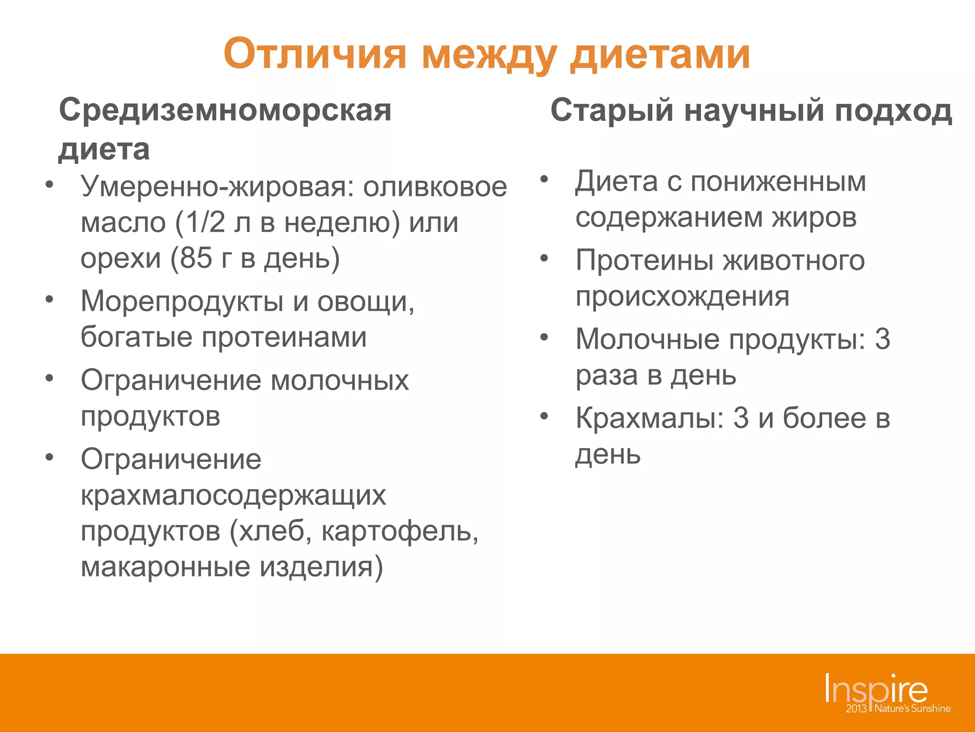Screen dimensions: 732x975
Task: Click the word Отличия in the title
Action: tap(315, 54)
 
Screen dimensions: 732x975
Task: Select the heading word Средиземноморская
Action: tap(225, 111)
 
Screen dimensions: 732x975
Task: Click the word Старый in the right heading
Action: tap(612, 111)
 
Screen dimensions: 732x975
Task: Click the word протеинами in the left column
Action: tap(284, 337)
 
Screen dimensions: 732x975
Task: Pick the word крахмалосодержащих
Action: tap(233, 496)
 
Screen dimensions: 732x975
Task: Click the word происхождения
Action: tap(682, 297)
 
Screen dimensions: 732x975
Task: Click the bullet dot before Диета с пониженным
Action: tap(544, 180)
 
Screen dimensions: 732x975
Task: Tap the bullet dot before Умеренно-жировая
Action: tap(49, 184)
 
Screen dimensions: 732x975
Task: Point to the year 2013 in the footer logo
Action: tap(856, 709)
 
